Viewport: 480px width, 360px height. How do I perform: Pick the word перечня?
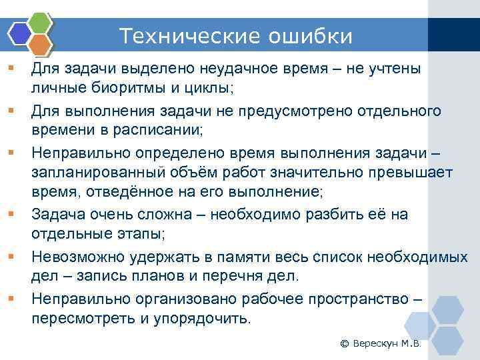[245, 275]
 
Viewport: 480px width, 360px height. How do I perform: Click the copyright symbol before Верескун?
[344, 344]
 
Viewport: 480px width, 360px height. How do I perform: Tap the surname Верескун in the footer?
[377, 344]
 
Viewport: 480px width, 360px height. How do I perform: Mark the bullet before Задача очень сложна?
[11, 215]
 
